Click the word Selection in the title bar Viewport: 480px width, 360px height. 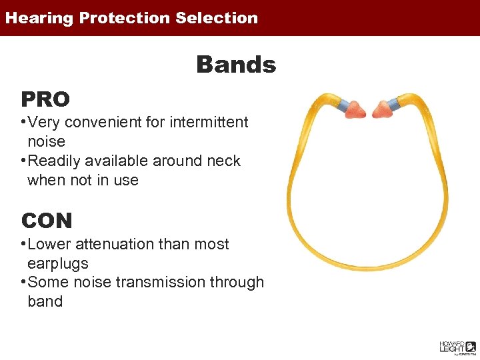tap(217, 18)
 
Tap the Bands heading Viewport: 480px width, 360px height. tap(235, 65)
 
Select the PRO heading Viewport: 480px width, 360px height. tap(45, 99)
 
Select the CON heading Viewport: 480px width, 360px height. tap(47, 221)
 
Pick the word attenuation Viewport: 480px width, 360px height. tap(117, 245)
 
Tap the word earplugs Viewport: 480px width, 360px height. tap(58, 263)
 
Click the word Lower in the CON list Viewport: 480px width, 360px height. tap(49, 245)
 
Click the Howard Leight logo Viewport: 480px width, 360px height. tap(457, 346)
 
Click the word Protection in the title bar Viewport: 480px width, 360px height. tap(125, 18)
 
